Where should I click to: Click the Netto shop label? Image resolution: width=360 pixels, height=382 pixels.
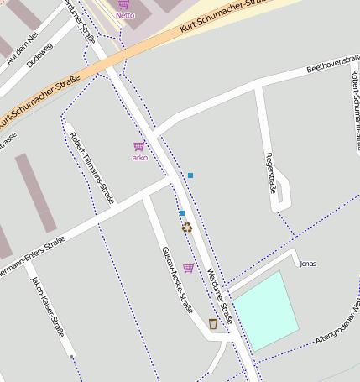[125, 15]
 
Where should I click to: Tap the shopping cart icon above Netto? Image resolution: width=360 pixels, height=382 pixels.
[124, 4]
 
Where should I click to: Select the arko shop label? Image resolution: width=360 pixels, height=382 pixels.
[139, 157]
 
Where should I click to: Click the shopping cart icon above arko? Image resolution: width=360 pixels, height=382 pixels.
[138, 146]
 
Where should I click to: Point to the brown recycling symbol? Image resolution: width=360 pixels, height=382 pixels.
[186, 227]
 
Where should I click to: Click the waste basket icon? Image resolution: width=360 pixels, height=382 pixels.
[213, 323]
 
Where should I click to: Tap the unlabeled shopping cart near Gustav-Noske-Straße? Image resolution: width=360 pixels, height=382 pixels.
[188, 268]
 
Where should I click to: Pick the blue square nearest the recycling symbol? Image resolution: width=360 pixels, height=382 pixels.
[181, 213]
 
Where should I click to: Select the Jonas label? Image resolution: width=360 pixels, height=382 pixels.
[308, 264]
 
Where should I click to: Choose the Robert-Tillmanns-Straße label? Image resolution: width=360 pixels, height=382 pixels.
[92, 168]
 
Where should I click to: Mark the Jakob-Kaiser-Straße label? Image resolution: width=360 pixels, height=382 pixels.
[48, 306]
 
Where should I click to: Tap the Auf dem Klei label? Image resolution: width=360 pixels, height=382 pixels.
[22, 48]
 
